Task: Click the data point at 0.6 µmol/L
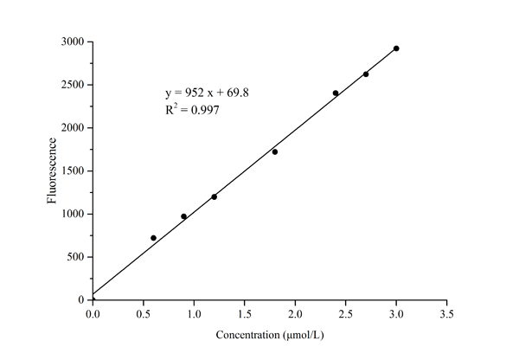153,238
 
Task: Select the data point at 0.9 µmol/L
183,216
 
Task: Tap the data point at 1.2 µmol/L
214,196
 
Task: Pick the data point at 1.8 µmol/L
275,151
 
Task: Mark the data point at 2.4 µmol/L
336,93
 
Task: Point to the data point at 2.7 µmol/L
366,74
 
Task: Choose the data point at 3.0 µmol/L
396,48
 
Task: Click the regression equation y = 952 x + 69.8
208,92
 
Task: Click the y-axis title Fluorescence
53,170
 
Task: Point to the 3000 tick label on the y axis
71,42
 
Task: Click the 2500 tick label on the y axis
71,85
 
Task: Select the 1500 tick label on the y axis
71,170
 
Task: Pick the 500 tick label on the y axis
74,257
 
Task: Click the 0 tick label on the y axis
81,299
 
